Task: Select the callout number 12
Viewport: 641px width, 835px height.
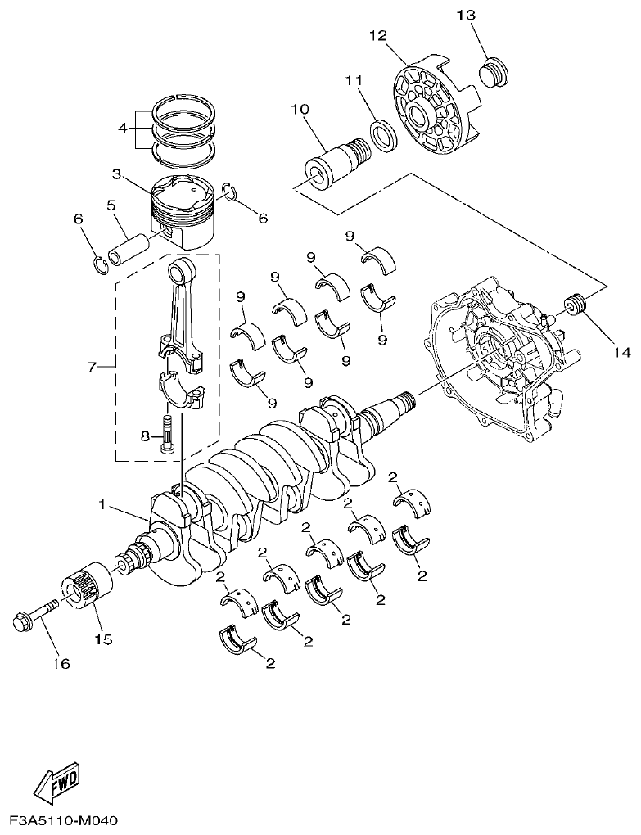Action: pos(377,36)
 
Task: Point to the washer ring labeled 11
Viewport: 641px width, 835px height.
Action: pos(381,133)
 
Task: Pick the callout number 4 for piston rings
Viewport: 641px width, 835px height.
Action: pos(122,128)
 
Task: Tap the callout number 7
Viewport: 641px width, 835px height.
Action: pos(92,366)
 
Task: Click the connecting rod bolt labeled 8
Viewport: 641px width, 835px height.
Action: pos(168,434)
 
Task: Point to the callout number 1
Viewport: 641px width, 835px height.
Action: pos(103,505)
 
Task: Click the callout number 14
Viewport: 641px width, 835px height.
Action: pos(620,353)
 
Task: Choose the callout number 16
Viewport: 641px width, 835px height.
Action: pos(62,663)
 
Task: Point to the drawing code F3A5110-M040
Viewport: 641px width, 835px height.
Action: pos(64,819)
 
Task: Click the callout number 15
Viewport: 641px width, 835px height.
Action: pos(103,638)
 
